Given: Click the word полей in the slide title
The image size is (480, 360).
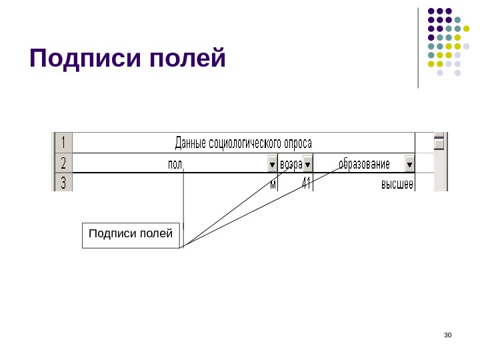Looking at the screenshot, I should coord(189,59).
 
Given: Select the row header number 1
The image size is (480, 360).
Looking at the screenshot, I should coord(63,143).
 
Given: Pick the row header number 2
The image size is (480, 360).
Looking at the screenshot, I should coord(63,163).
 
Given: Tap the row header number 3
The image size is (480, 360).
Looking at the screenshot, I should coord(63,183).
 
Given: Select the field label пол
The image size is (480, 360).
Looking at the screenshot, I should coord(175,164).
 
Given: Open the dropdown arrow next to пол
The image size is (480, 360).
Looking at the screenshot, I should coord(272,164).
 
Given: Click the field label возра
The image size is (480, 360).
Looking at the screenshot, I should coord(291,164).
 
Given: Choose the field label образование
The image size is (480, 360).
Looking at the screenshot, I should coord(364,164).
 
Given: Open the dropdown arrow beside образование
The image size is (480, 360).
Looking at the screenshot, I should coord(409,164).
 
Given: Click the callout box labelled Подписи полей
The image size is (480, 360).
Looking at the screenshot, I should coord(131,235).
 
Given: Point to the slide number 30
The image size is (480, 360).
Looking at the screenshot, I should coord(447,335).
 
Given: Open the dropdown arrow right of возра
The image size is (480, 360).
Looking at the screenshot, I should coord(308,164).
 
